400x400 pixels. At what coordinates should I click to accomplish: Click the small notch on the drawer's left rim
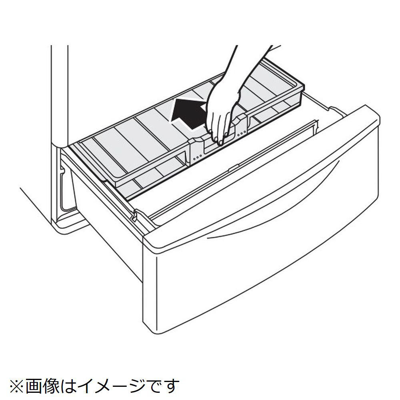[x=134, y=215]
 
